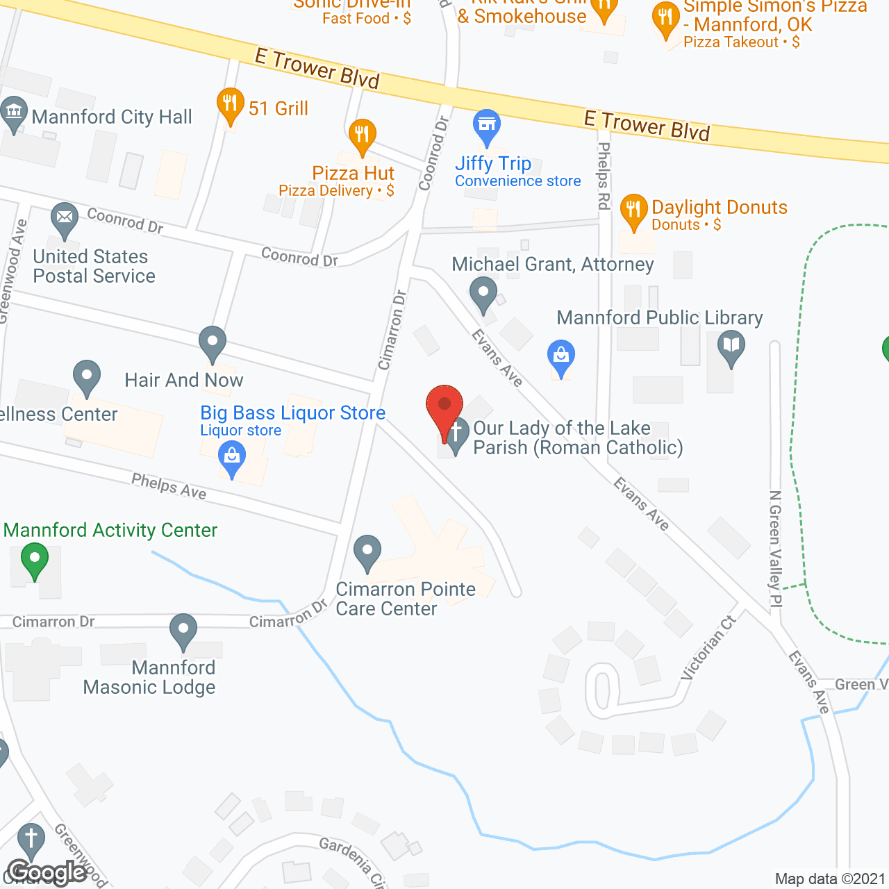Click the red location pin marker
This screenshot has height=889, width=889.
coord(444,407)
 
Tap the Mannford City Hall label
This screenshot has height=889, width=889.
coord(112,117)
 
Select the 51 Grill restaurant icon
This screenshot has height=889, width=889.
coord(230,104)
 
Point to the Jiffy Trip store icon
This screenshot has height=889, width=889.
coord(487,126)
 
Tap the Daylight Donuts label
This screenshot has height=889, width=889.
coord(719,208)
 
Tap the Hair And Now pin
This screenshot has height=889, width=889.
coord(213,342)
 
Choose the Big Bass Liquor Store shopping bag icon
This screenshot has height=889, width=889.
coord(232,458)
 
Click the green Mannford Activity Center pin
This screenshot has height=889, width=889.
coord(35,559)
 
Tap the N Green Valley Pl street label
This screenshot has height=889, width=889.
coord(776,549)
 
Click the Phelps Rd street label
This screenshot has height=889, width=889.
coord(604,176)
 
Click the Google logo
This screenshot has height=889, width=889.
coord(47,872)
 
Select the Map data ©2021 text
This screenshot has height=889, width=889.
coord(830,879)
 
